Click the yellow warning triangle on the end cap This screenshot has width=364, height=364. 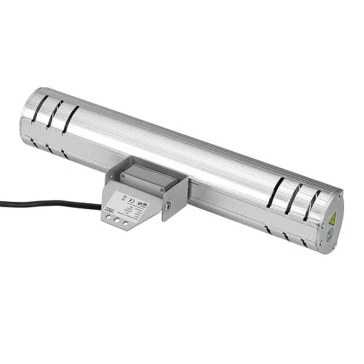[332, 218]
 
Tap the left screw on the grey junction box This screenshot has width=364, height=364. [123, 176]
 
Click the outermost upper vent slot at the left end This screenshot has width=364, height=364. [40, 109]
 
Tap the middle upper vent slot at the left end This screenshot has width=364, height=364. [54, 114]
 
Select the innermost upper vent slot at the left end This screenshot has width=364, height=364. [69, 120]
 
